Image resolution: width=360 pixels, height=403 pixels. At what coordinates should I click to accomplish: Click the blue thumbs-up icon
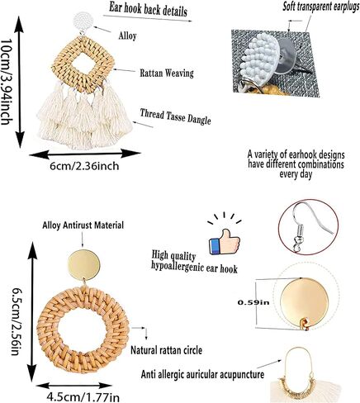[225, 242]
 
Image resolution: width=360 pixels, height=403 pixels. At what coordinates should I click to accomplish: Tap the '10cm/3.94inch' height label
[6, 82]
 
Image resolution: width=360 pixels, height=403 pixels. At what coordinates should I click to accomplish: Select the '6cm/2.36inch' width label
[84, 166]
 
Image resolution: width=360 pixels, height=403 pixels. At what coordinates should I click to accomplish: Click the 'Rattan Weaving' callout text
[167, 73]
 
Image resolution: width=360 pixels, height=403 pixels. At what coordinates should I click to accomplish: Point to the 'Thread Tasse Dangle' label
[176, 116]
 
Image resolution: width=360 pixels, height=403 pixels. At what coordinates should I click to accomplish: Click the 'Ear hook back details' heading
[148, 9]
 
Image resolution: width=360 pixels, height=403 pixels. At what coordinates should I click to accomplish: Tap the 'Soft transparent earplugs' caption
[321, 6]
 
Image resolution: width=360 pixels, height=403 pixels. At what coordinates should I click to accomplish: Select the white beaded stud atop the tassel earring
[83, 22]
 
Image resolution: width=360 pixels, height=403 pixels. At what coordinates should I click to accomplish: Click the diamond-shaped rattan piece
[83, 64]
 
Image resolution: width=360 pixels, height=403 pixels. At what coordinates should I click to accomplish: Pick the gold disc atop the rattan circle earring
[84, 264]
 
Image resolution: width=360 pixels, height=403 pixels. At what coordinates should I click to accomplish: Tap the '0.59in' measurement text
[253, 302]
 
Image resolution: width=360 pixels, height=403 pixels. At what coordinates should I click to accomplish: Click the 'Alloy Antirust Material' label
[83, 225]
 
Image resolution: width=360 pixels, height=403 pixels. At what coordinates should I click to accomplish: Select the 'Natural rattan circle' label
[166, 350]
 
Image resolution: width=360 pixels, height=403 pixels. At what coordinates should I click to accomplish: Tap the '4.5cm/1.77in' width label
[83, 397]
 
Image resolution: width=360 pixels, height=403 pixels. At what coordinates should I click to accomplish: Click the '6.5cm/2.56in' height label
[16, 321]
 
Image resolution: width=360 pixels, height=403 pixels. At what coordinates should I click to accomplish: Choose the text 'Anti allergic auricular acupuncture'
[202, 374]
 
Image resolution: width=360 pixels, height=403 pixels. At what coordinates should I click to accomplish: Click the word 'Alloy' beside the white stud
[127, 36]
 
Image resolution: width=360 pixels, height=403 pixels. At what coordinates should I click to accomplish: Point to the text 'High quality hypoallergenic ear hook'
[194, 262]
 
